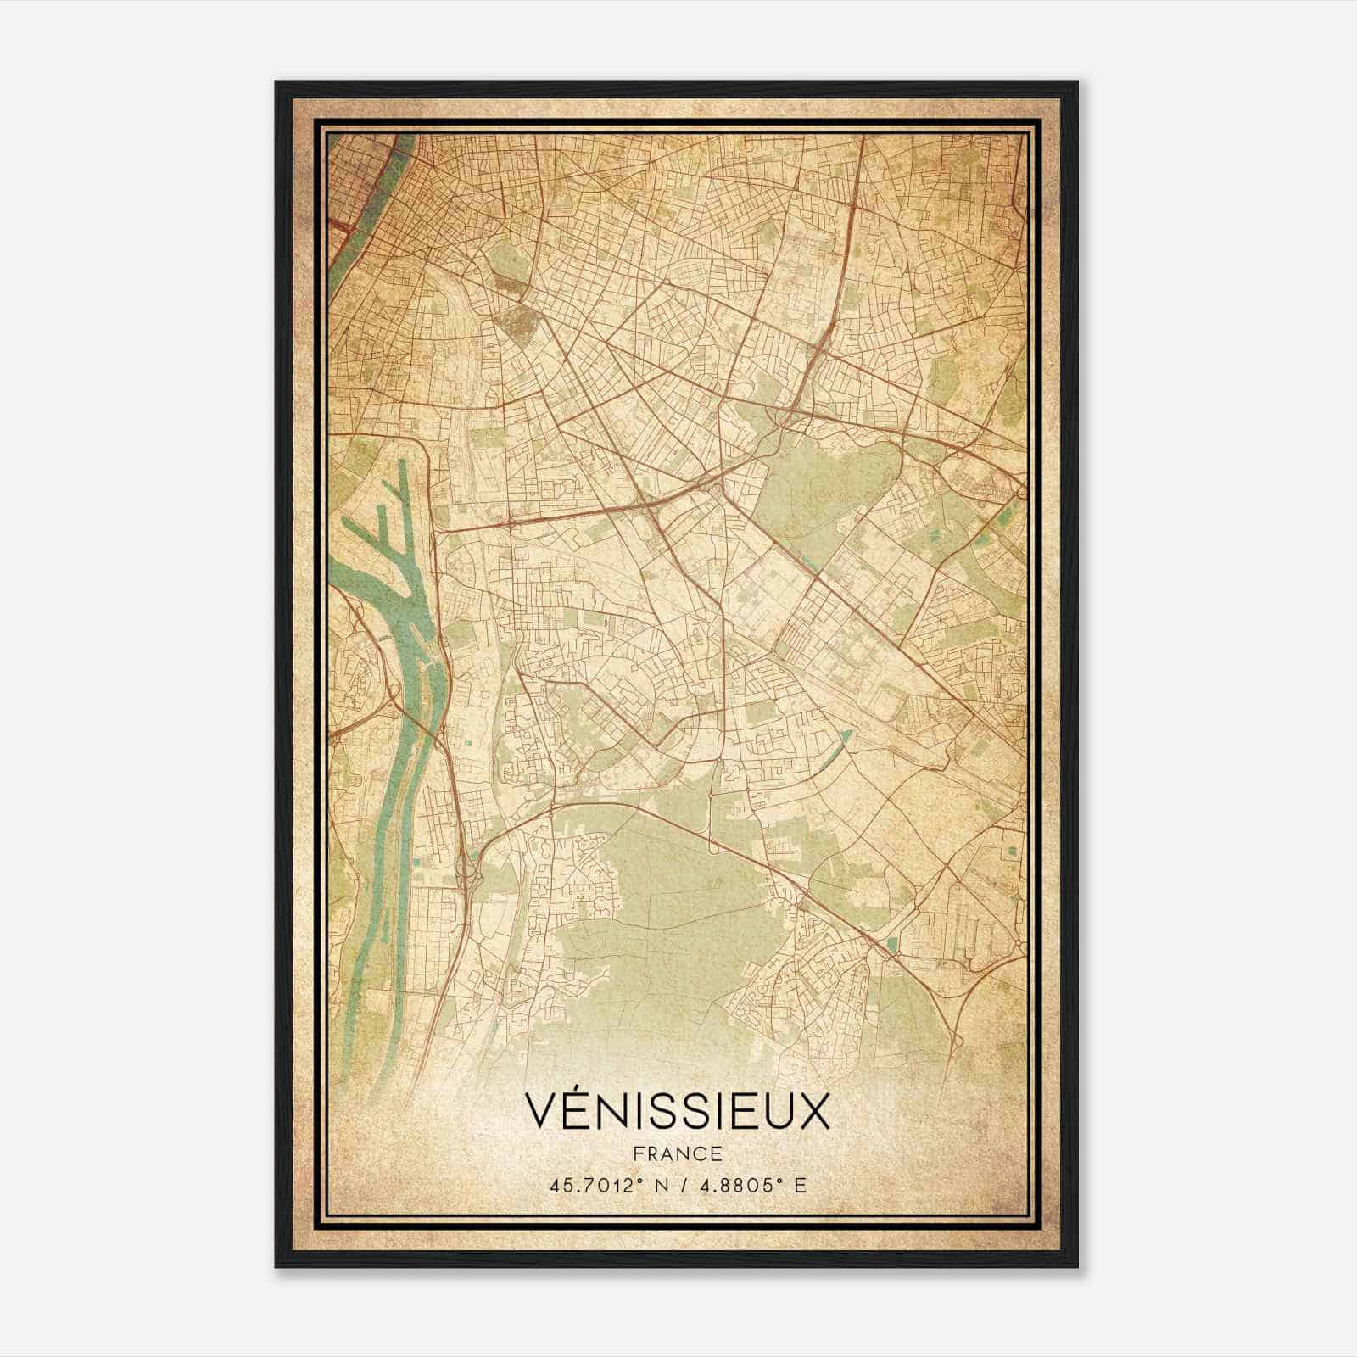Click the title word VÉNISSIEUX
[x=677, y=1110]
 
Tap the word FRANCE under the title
[x=677, y=1153]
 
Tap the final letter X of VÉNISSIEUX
[x=814, y=1111]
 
